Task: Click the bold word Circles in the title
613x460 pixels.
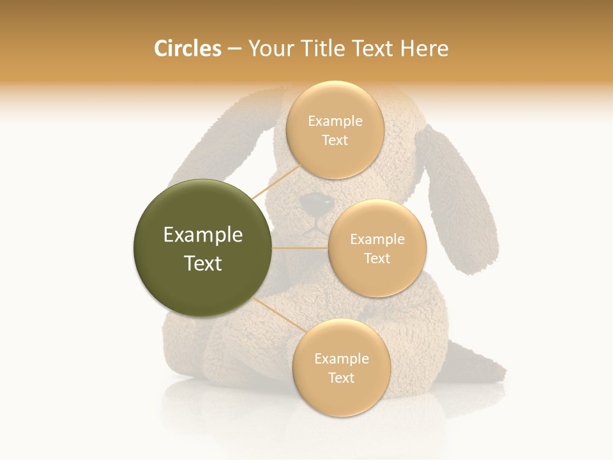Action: (x=187, y=49)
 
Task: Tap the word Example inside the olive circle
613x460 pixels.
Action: (x=203, y=235)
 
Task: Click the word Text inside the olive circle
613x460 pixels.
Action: (x=203, y=263)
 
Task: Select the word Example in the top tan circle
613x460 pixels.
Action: (x=335, y=121)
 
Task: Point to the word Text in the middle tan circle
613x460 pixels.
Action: (x=377, y=259)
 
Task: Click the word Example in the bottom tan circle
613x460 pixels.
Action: (x=341, y=359)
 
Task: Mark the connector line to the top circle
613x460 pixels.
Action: (x=276, y=181)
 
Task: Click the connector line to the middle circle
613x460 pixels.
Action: (x=300, y=248)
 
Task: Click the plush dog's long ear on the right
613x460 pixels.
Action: (x=461, y=198)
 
